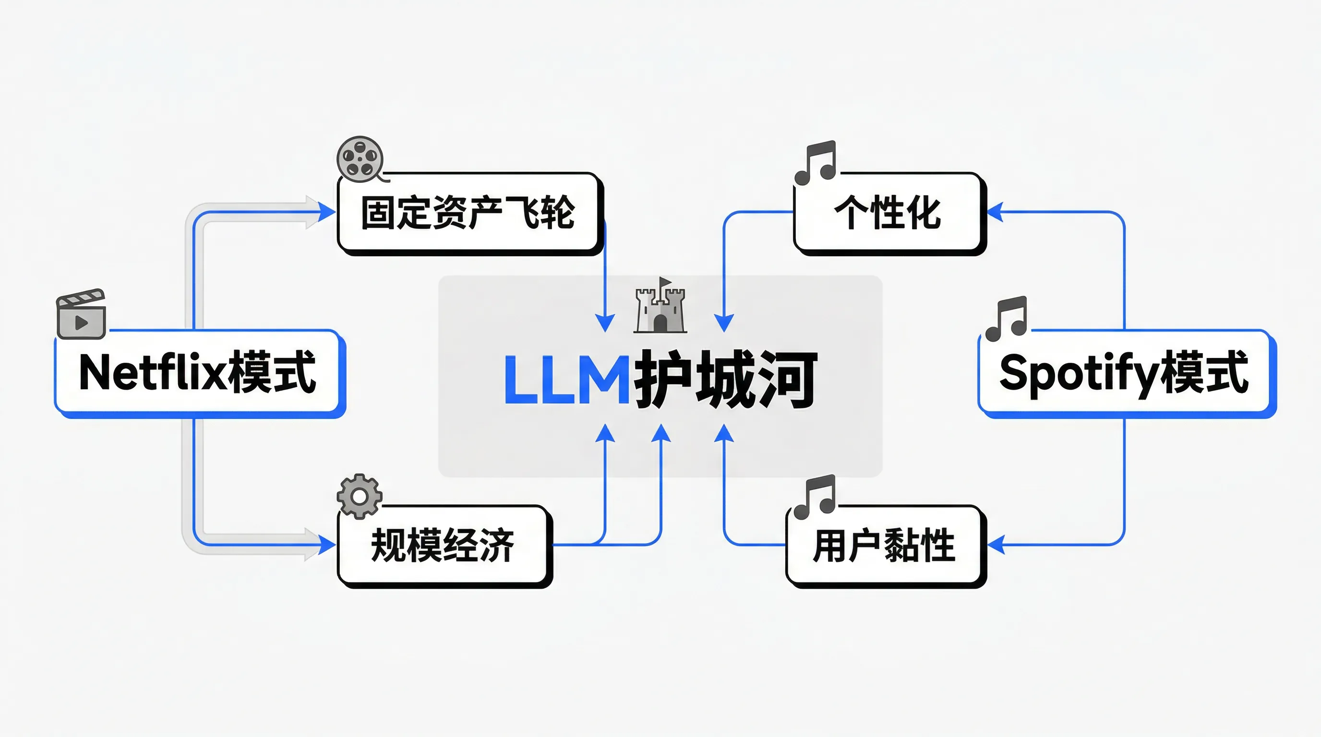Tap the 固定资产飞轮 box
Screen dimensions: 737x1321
(x=468, y=213)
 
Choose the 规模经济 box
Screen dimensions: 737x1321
(x=443, y=545)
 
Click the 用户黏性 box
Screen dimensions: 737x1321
(x=884, y=545)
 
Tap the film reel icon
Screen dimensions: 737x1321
(x=360, y=158)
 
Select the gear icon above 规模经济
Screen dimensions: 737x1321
(x=360, y=496)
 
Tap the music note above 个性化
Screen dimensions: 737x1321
(x=817, y=163)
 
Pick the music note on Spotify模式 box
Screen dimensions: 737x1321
(x=1007, y=318)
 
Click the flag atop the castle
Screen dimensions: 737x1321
(x=665, y=282)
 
